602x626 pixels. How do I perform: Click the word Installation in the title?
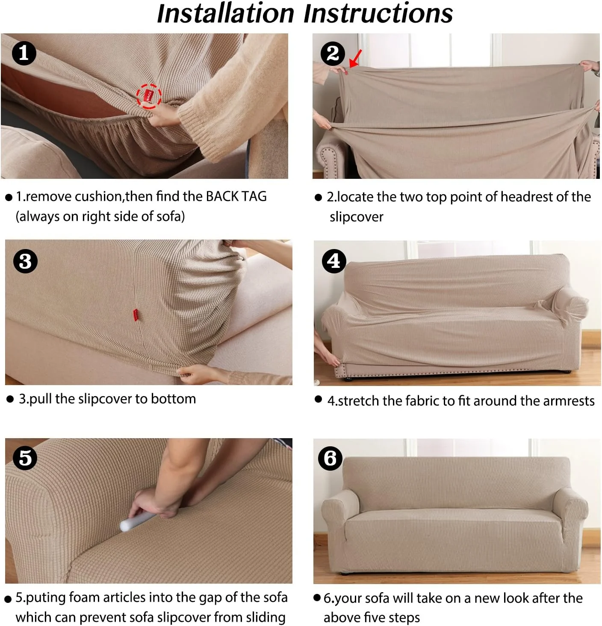(226, 14)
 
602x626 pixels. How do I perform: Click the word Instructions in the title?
(378, 14)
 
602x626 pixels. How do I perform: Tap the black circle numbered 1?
(24, 53)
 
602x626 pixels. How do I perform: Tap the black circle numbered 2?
(333, 54)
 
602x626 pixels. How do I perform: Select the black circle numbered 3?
(25, 261)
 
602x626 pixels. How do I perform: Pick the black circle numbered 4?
(334, 261)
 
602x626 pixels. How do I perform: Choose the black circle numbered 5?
(25, 458)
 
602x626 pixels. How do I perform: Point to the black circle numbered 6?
(330, 458)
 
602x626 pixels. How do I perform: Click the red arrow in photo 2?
(355, 59)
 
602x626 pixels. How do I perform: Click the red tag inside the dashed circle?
(149, 95)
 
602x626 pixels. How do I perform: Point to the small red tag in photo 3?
(136, 314)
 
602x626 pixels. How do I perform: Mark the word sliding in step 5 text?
(266, 617)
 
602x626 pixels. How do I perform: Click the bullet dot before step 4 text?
(318, 399)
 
